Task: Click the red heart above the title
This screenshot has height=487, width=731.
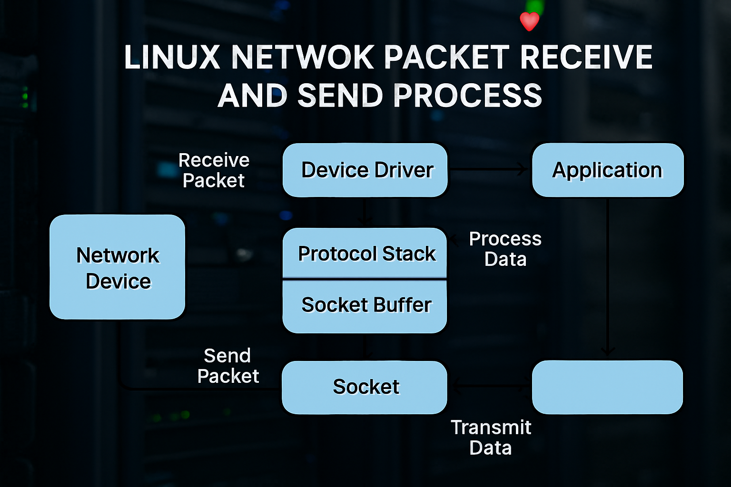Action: [529, 21]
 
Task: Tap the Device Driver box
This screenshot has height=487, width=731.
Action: [365, 170]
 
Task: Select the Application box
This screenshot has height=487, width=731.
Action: [607, 170]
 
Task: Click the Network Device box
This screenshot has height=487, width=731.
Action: [118, 267]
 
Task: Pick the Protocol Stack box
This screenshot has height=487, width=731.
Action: [365, 253]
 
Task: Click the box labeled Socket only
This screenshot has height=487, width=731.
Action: [365, 387]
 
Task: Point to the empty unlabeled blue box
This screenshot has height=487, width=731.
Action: [607, 387]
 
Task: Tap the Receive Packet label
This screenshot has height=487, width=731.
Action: [214, 170]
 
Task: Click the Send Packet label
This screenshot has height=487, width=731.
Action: [228, 366]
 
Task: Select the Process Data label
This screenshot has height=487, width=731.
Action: [505, 249]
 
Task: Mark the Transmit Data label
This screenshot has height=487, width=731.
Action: [491, 438]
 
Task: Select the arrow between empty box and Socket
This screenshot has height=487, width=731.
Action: [489, 386]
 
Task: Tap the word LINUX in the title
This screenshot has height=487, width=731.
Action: [172, 58]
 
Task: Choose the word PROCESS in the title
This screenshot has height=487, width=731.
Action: [468, 95]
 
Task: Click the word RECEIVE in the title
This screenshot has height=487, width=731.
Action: [586, 58]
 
